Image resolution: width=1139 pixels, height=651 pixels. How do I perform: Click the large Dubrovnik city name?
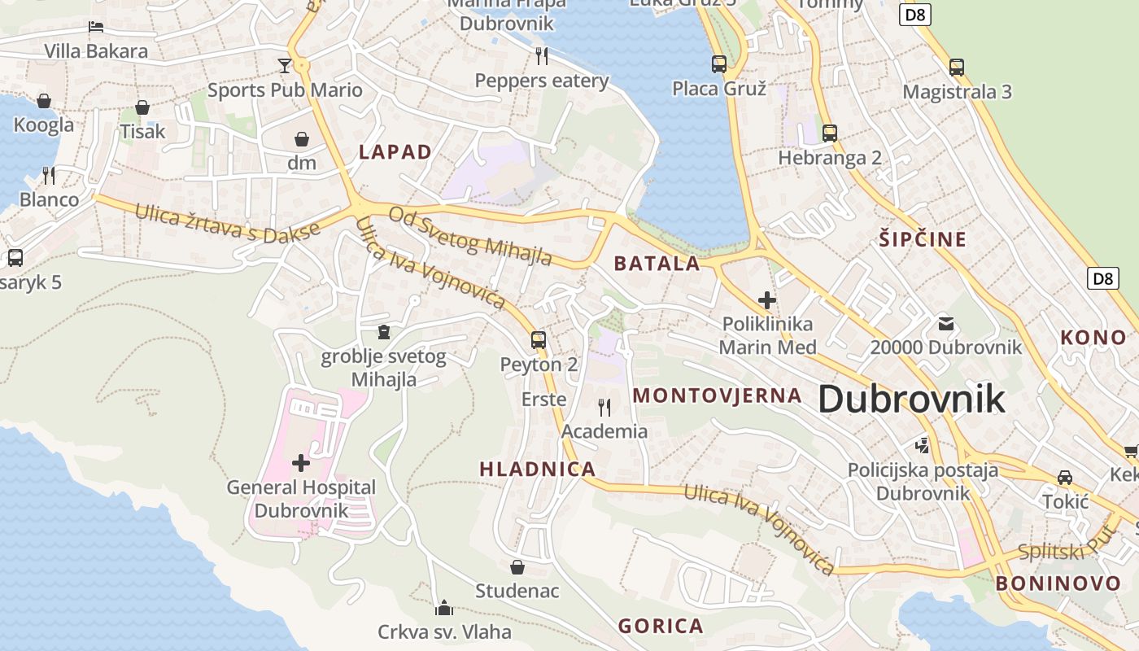(x=911, y=400)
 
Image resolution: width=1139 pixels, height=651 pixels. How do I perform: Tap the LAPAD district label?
(x=395, y=151)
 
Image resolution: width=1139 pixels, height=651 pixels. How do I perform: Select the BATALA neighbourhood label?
(x=657, y=263)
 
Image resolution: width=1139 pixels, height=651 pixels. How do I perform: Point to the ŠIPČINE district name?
(x=923, y=239)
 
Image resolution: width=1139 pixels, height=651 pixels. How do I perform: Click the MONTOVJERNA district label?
(x=717, y=395)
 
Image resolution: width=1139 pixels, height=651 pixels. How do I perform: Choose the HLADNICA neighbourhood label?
(x=537, y=469)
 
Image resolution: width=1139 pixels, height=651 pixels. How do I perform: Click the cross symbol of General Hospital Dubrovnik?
(x=301, y=463)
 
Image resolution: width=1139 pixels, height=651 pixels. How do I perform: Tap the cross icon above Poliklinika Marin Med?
(x=766, y=299)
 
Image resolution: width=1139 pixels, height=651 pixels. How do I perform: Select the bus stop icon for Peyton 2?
(x=539, y=339)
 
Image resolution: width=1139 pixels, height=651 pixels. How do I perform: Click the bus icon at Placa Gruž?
(x=719, y=63)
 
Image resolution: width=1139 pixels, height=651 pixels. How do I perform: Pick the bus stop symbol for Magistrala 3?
(x=957, y=67)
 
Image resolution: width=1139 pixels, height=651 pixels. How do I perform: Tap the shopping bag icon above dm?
(x=302, y=139)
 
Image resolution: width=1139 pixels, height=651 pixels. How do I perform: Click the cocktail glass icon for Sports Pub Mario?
(x=285, y=65)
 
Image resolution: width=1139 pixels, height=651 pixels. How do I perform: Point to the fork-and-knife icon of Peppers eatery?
(x=542, y=55)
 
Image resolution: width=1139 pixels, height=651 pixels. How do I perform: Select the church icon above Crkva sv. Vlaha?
(x=444, y=607)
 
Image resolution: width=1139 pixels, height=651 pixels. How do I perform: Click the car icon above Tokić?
(x=1065, y=477)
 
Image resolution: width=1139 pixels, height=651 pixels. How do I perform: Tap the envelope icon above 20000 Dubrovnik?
(x=945, y=323)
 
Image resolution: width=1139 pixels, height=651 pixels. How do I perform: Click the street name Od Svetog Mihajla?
(x=470, y=237)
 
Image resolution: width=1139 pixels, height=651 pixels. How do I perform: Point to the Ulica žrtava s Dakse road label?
(x=228, y=222)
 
